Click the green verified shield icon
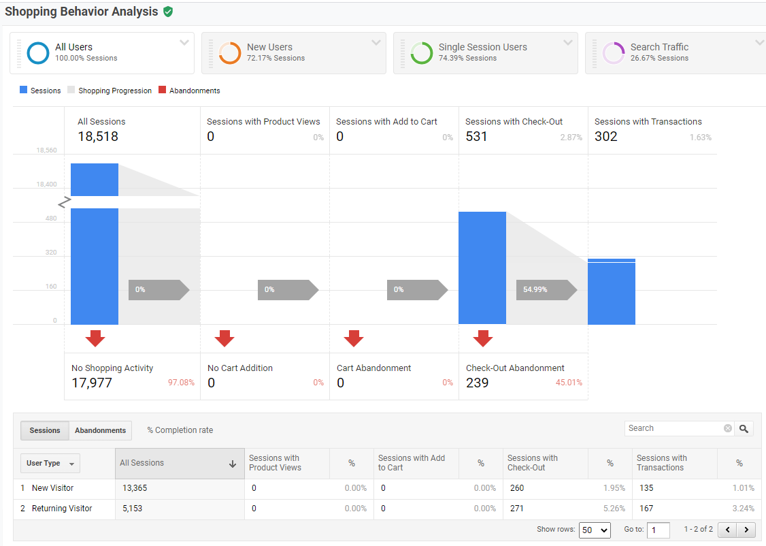click(168, 12)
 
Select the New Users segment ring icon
click(230, 52)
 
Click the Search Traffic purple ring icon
click(614, 52)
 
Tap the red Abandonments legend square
click(162, 90)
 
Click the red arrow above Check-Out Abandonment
click(483, 338)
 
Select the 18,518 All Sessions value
click(98, 136)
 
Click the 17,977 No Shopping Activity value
click(92, 383)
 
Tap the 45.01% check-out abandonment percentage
click(569, 383)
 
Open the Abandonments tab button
click(100, 430)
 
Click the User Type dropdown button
click(50, 464)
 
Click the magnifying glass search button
click(744, 428)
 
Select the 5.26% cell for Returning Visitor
click(614, 509)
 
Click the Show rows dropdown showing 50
click(594, 530)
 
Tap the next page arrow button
click(746, 530)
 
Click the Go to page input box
click(659, 530)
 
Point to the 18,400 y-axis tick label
click(47, 184)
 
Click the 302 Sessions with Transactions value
click(606, 136)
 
